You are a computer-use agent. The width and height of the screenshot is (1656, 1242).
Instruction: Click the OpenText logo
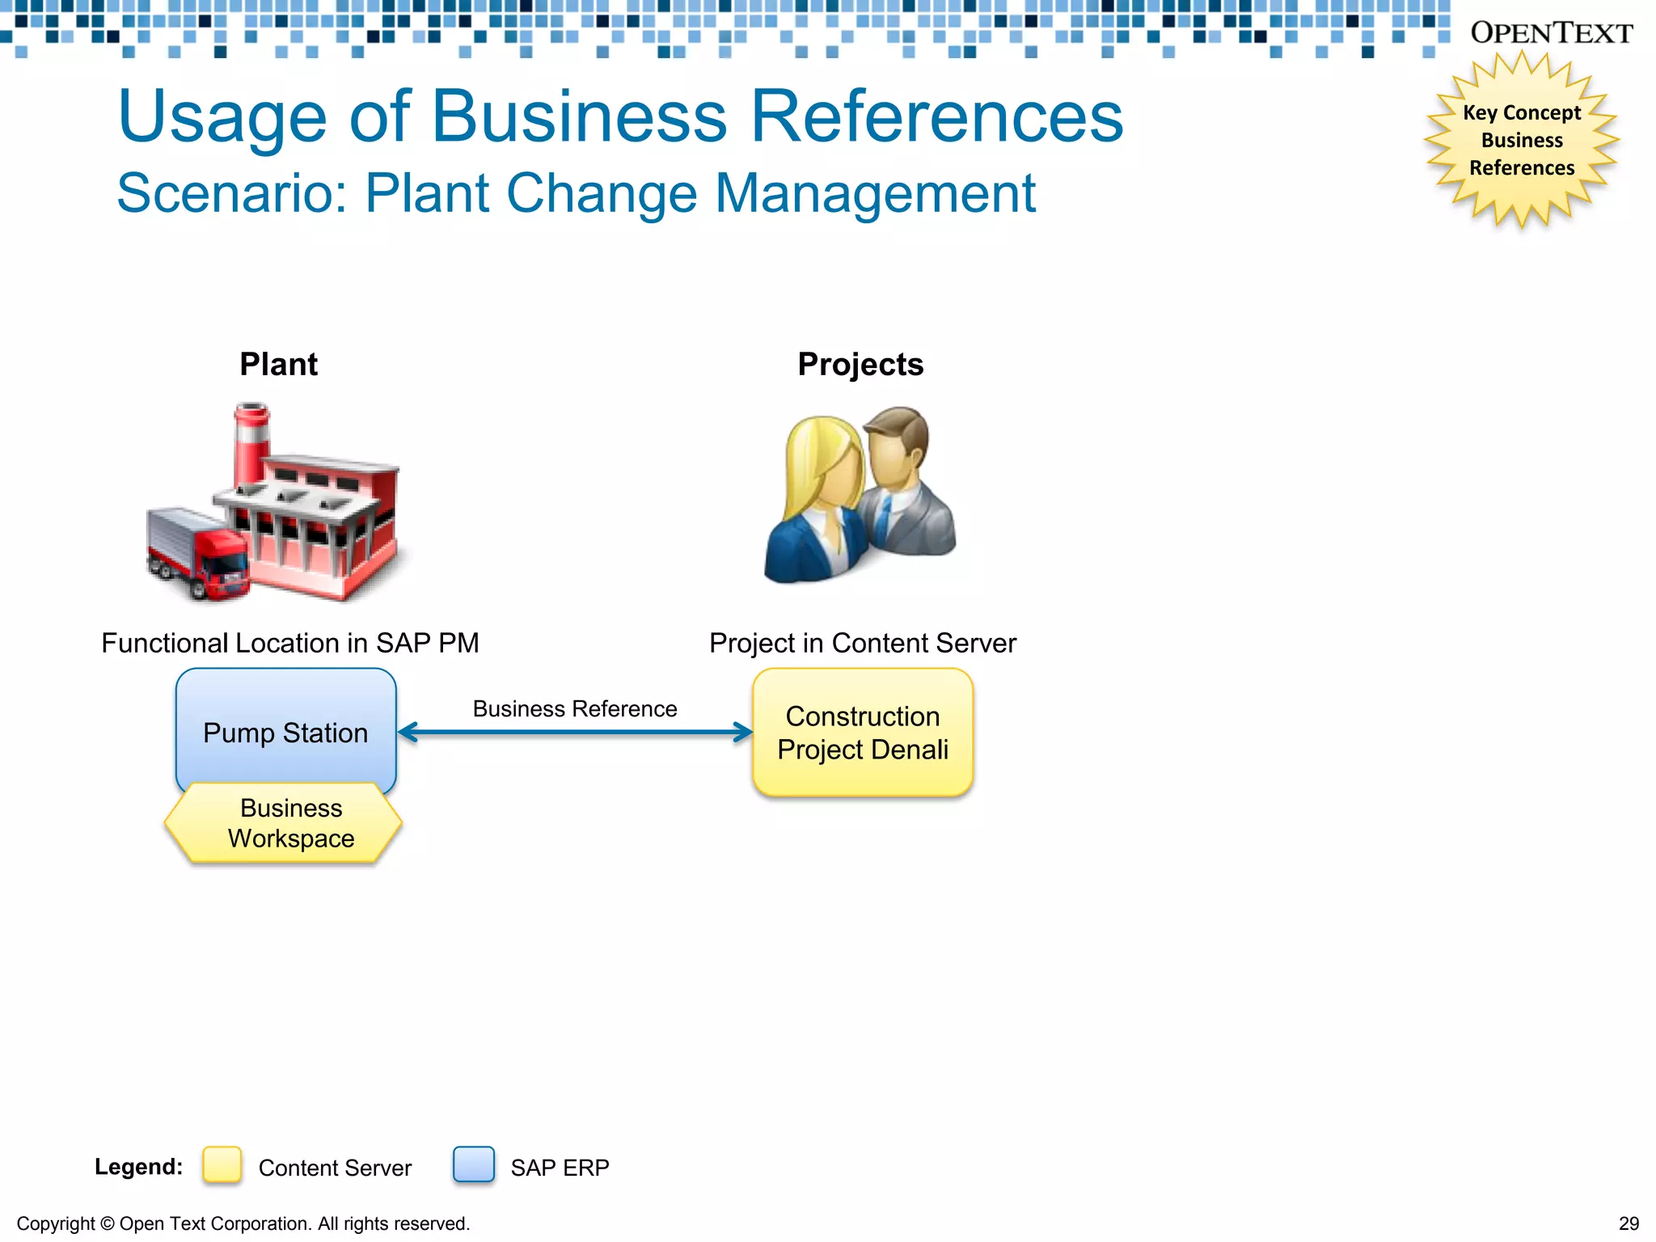(x=1551, y=33)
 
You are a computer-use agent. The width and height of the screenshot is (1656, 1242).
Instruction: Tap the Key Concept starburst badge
(x=1521, y=140)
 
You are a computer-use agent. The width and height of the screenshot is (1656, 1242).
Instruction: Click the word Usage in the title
(x=222, y=117)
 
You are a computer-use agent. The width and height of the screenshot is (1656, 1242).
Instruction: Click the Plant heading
(x=278, y=365)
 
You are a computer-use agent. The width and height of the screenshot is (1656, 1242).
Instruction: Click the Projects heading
(x=860, y=365)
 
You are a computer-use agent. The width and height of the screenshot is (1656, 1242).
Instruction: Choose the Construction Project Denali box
(x=862, y=733)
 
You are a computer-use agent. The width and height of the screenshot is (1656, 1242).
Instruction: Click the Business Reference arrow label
(x=575, y=709)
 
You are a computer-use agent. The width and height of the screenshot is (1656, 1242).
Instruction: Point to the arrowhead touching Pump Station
(x=407, y=733)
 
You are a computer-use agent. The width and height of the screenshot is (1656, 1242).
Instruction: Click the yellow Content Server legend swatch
(x=222, y=1165)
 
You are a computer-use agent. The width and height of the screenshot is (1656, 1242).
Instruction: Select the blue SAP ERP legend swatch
(x=474, y=1165)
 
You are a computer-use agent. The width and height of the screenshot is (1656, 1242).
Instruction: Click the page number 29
(x=1629, y=1223)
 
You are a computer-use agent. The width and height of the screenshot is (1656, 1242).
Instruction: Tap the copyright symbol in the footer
(x=107, y=1224)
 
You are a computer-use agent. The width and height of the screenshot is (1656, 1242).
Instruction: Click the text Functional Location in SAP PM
(x=290, y=644)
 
